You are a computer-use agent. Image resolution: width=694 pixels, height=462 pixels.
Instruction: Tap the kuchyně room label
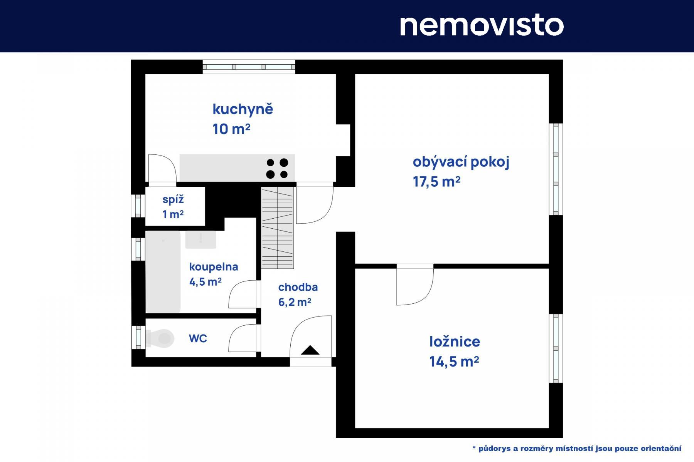(x=243, y=109)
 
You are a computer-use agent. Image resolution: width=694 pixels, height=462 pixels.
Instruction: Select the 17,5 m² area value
(x=436, y=182)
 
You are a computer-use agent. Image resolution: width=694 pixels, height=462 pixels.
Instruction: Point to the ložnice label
(x=455, y=341)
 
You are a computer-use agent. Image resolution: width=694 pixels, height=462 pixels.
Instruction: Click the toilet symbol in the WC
(x=159, y=338)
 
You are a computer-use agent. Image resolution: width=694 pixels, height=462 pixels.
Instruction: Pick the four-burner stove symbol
(x=277, y=168)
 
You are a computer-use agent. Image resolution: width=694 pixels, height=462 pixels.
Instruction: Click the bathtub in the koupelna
(x=163, y=272)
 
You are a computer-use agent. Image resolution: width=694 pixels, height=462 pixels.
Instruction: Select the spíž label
(x=173, y=200)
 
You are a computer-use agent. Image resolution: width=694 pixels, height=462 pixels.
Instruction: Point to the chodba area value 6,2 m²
(x=295, y=302)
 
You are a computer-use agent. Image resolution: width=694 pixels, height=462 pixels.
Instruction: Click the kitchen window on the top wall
(x=249, y=67)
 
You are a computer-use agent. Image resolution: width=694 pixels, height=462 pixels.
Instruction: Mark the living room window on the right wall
(x=556, y=169)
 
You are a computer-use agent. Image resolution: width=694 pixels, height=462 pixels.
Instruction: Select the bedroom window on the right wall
(x=556, y=348)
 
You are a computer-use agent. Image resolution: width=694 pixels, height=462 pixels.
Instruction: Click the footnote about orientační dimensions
(x=577, y=449)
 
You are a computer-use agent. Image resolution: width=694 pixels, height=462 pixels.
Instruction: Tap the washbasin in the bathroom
(x=200, y=240)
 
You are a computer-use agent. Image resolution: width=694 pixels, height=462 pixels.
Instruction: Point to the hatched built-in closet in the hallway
(x=278, y=228)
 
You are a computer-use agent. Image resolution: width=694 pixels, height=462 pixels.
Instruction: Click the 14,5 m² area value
(x=454, y=362)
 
